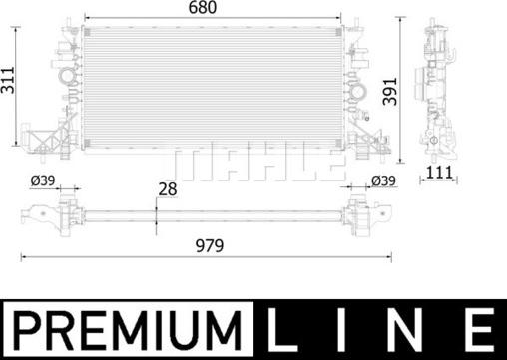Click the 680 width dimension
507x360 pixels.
coord(215,9)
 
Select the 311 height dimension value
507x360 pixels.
coord(8,86)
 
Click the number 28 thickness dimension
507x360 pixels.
coord(167,189)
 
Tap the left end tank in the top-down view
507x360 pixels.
coord(50,212)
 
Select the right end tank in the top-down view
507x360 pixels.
coord(366,212)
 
